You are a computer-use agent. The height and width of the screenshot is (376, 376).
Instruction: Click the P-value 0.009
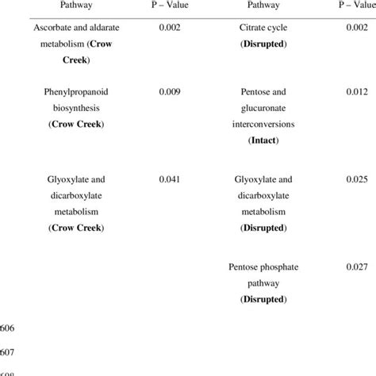[x=169, y=92]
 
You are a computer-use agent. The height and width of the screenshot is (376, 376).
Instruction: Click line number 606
[x=9, y=328]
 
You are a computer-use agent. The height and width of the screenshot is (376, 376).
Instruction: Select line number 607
[x=9, y=350]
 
